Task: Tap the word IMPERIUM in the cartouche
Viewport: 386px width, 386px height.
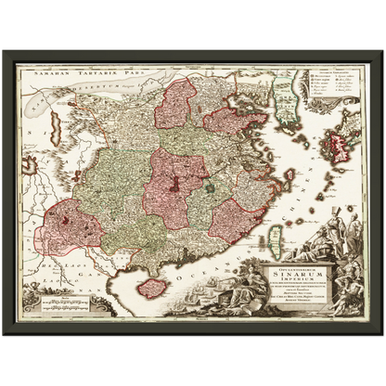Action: (293, 285)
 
